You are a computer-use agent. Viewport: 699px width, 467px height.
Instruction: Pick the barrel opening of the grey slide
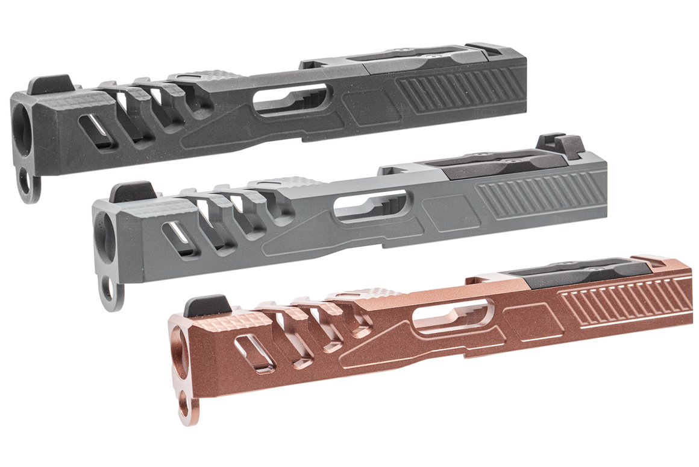coord(102,232)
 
